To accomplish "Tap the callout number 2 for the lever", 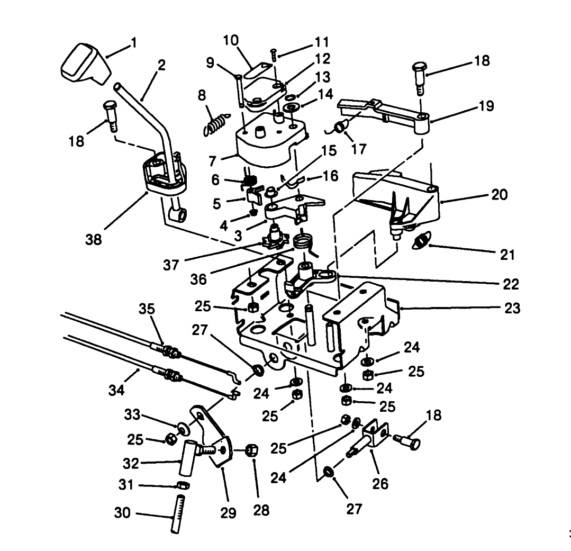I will pyautogui.click(x=161, y=66).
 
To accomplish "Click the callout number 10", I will pyautogui.click(x=231, y=41).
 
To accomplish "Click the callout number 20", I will pyautogui.click(x=499, y=195).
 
